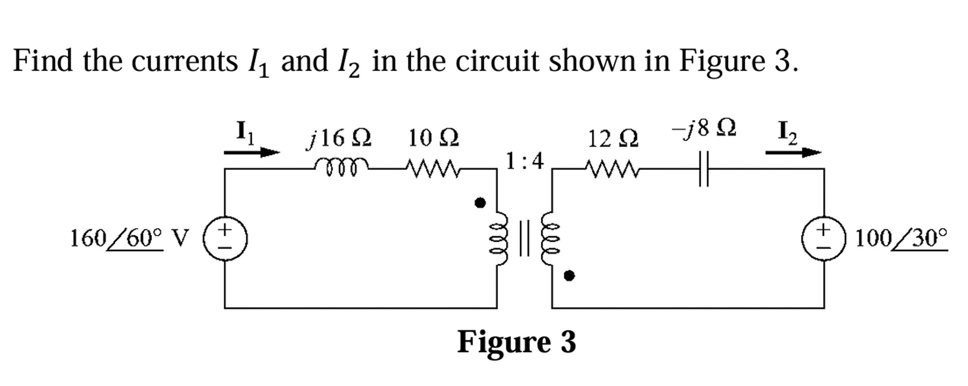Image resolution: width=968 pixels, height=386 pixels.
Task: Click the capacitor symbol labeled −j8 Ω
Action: pos(704,168)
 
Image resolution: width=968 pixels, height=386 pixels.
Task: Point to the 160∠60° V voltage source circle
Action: pos(225,238)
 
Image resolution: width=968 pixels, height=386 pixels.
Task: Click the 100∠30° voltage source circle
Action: pos(824,238)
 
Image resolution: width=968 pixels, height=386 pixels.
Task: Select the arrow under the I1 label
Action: pos(251,152)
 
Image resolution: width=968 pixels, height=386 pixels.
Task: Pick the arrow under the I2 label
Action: pos(793,152)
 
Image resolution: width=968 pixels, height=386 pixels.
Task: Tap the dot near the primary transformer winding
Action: pos(480,203)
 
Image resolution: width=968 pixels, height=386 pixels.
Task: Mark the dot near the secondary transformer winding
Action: pos(569,275)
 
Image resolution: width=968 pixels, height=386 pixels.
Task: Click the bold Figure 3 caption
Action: pos(516,342)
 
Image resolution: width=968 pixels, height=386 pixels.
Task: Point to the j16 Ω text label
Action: pos(339,138)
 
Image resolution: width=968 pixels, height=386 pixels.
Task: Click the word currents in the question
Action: pos(184,62)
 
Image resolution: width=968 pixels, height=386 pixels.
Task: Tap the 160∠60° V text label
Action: pos(129,239)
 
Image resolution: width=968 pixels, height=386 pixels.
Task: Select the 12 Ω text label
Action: pos(613,139)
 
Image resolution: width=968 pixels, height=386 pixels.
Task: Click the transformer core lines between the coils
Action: pos(524,238)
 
